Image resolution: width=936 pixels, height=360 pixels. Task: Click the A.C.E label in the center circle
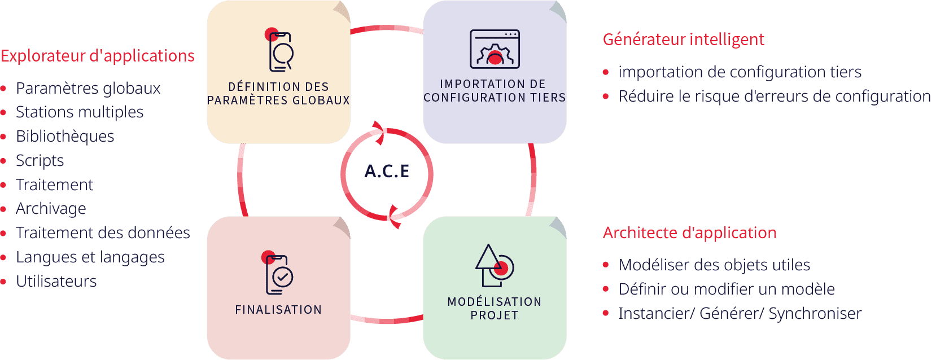pyautogui.click(x=387, y=171)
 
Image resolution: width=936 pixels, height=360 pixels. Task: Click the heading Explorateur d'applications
pyautogui.click(x=98, y=56)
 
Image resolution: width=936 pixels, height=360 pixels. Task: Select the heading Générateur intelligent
pyautogui.click(x=684, y=39)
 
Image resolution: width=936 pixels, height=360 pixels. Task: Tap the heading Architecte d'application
pyautogui.click(x=689, y=232)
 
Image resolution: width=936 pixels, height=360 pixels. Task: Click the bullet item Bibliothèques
pyautogui.click(x=65, y=137)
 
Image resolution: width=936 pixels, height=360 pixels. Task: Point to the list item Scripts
pyautogui.click(x=40, y=161)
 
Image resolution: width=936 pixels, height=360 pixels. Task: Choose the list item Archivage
pyautogui.click(x=51, y=208)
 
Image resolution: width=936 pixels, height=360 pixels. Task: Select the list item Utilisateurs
pyautogui.click(x=56, y=282)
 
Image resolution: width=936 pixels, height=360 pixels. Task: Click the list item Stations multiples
pyautogui.click(x=80, y=112)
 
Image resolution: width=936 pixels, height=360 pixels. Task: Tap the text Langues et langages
pyautogui.click(x=90, y=257)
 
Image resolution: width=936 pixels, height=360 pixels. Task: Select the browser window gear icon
pyautogui.click(x=495, y=49)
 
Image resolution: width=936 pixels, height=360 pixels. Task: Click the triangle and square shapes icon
pyautogui.click(x=495, y=266)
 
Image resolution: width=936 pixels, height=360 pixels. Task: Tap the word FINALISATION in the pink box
pyautogui.click(x=279, y=310)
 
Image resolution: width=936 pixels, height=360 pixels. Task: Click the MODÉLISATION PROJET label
pyautogui.click(x=495, y=309)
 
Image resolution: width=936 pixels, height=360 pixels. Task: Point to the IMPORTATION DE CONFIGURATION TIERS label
pyautogui.click(x=495, y=91)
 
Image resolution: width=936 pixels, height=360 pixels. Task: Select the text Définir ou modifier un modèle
pyautogui.click(x=726, y=289)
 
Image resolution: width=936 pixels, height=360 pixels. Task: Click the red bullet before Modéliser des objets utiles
pyautogui.click(x=606, y=265)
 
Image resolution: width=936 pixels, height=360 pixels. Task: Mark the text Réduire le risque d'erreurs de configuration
pyautogui.click(x=775, y=96)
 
